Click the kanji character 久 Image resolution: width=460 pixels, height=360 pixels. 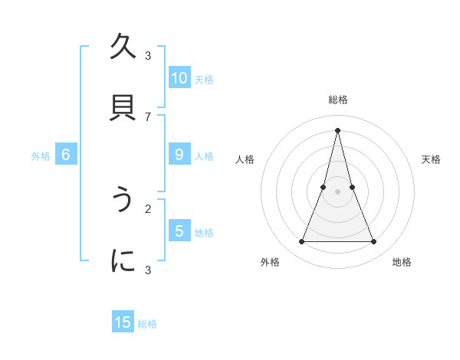point(123,47)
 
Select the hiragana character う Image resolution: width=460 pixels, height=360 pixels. point(123,200)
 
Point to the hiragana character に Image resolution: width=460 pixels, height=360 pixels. point(123,260)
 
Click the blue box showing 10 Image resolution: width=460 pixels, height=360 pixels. point(179,78)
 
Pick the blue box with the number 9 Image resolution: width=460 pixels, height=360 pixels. point(179,155)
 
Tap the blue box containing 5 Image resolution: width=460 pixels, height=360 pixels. point(179,231)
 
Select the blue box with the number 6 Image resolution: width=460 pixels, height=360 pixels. point(66,155)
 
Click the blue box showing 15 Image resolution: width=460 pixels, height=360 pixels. point(123,322)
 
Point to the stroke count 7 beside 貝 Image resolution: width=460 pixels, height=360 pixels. point(148,116)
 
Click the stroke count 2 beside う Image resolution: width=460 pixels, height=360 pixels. point(148,208)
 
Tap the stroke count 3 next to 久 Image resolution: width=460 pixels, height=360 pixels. point(148,55)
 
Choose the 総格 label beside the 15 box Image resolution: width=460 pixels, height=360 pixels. point(147,324)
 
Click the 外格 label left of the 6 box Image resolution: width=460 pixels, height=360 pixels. point(41,156)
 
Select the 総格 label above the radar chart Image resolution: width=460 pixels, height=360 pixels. point(337,100)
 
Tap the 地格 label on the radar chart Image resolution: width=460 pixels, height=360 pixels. point(402,262)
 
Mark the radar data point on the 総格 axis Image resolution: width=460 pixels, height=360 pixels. point(337,130)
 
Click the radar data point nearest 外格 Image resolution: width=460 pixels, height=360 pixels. point(301,242)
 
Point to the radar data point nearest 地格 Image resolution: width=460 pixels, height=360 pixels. point(374,242)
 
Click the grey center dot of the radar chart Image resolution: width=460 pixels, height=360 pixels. point(337,191)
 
